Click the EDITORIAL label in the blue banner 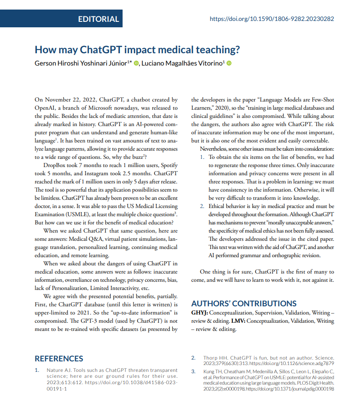pyautogui.click(x=98, y=19)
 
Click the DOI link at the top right pyautogui.click(x=272, y=19)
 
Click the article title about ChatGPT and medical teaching pyautogui.click(x=137, y=50)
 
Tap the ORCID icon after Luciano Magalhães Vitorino pyautogui.click(x=229, y=63)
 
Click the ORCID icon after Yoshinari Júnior pyautogui.click(x=136, y=63)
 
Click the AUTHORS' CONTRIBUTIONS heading pyautogui.click(x=243, y=304)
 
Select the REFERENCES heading pyautogui.click(x=59, y=359)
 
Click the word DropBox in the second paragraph pyautogui.click(x=55, y=165)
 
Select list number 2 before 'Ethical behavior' pyautogui.click(x=203, y=206)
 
